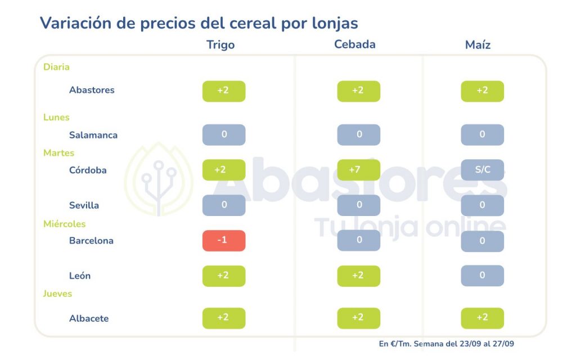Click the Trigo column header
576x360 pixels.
coord(220,45)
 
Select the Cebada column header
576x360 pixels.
coord(354,44)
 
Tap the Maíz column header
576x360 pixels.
coord(478,45)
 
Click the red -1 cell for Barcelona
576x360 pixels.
coord(224,241)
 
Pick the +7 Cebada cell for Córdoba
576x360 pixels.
coord(358,170)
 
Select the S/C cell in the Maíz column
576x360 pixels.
coord(482,170)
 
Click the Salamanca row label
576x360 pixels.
coord(93,135)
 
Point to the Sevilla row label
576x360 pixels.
coord(84,205)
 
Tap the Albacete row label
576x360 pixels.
coord(89,318)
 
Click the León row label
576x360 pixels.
coord(80,276)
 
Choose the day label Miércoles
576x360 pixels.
coord(65,224)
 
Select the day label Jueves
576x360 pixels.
coord(58,294)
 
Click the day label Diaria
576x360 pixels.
coord(56,67)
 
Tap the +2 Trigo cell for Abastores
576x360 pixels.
coord(224,91)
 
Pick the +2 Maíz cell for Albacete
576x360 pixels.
coord(482,318)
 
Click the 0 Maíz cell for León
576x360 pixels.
coord(482,276)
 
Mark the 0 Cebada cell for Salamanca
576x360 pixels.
coord(358,135)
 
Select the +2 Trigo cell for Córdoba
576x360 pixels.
coord(224,170)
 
